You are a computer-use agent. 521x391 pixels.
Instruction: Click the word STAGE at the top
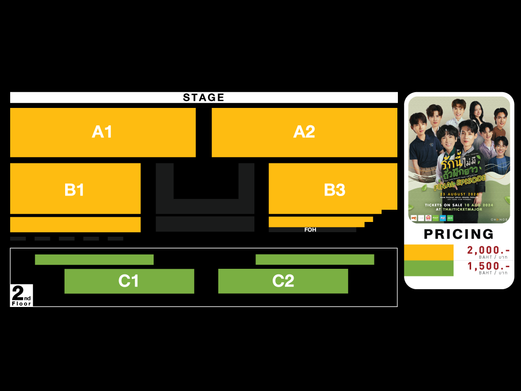204,98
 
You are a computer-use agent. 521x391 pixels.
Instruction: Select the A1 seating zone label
102,132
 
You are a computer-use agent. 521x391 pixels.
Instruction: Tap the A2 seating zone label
304,132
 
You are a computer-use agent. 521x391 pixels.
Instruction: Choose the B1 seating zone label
74,189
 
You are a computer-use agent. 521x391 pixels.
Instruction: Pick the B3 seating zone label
335,190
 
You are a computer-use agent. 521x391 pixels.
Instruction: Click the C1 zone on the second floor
129,281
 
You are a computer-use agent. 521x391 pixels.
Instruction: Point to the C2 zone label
283,281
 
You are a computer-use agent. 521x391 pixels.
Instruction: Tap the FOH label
310,230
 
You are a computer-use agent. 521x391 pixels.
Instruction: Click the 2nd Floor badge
21,295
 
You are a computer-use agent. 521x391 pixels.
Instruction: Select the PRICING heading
459,234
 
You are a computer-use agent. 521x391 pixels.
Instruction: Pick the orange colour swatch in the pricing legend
428,252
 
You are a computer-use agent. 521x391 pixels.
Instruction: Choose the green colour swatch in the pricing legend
428,268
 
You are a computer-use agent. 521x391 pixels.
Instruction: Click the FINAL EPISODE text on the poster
461,183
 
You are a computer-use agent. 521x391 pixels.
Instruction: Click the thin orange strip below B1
75,225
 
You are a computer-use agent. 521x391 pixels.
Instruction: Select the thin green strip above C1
94,260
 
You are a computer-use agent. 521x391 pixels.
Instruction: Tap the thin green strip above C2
314,260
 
